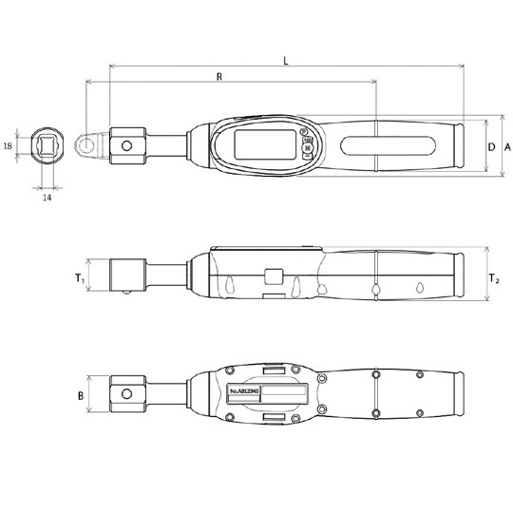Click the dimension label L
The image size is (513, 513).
(287, 59)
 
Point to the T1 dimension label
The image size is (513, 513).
(81, 278)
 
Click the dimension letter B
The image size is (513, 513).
(81, 395)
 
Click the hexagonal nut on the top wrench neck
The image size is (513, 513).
(127, 146)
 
